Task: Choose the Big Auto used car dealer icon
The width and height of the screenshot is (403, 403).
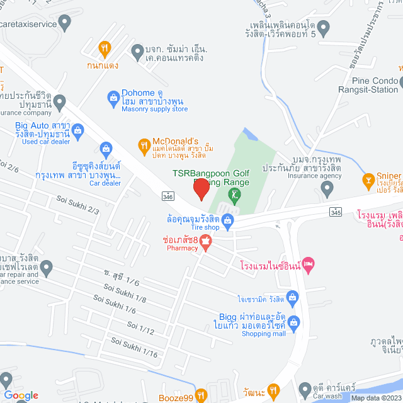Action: [78, 132]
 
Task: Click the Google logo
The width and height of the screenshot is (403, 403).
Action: [21, 395]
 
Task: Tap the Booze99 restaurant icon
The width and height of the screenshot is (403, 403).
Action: [201, 395]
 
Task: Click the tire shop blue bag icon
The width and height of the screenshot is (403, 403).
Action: [228, 220]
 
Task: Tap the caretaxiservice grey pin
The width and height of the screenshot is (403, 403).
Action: [65, 25]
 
